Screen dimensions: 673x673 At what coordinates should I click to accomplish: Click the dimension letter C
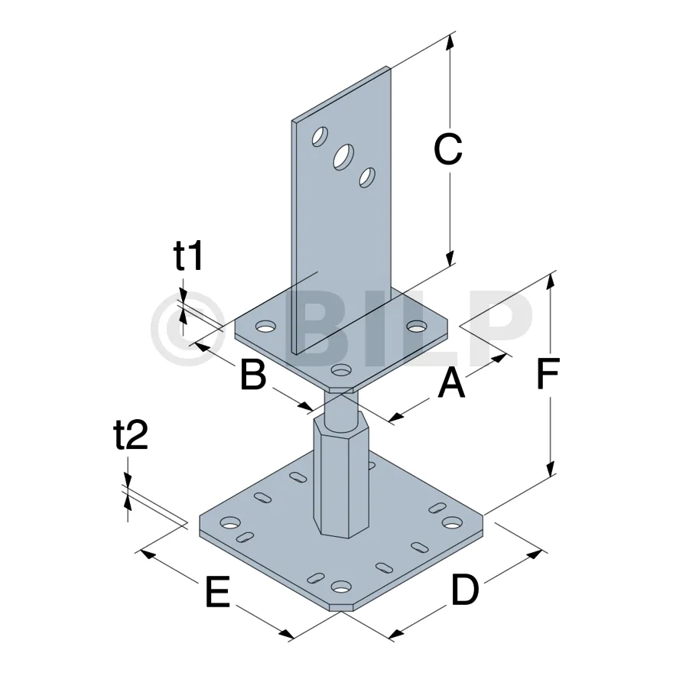447,149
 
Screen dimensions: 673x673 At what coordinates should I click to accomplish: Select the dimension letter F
548,372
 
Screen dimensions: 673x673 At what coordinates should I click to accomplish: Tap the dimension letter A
451,383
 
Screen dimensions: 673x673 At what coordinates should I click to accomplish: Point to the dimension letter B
253,375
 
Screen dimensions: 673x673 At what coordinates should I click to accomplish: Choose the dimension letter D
465,590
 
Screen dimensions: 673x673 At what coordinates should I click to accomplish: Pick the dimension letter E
218,591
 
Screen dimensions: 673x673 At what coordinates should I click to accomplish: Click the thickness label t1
188,255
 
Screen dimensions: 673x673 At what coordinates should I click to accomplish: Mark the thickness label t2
131,434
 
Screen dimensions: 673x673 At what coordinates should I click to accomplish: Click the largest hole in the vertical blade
344,157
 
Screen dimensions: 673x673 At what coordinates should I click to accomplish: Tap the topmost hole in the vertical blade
320,136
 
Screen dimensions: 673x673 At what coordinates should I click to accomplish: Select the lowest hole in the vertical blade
367,177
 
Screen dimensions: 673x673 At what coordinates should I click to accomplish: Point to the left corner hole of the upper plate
266,327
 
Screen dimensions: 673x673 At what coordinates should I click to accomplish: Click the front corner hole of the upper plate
342,369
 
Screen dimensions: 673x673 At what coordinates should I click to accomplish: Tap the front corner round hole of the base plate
342,586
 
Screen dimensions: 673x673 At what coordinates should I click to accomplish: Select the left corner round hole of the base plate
230,522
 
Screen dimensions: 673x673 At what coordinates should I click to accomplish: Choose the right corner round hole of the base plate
453,522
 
